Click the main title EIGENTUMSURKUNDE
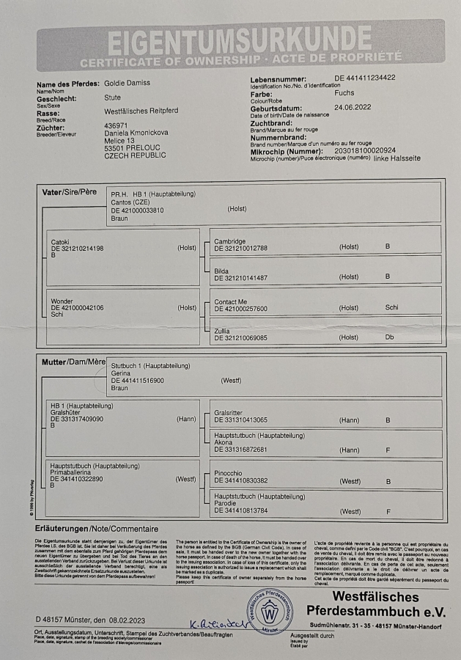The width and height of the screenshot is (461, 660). pyautogui.click(x=240, y=38)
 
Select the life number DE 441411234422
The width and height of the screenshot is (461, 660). pyautogui.click(x=365, y=78)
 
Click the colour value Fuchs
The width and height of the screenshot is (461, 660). pyautogui.click(x=344, y=93)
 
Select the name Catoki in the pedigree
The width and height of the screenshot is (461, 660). pyautogui.click(x=61, y=241)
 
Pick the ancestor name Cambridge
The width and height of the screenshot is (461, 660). pyautogui.click(x=229, y=241)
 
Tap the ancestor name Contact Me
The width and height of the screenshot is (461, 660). pyautogui.click(x=230, y=301)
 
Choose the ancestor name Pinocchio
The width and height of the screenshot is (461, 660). pyautogui.click(x=230, y=473)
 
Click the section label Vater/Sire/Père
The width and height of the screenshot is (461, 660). pyautogui.click(x=70, y=192)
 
